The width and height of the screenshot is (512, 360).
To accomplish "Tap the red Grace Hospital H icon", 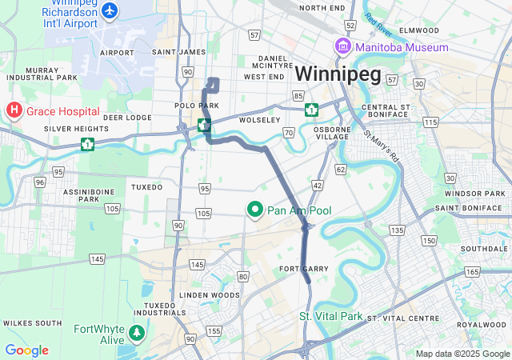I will coord(14,111).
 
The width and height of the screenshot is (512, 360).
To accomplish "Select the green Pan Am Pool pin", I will coord(256,210).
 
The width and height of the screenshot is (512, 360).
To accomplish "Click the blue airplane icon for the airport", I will coord(110,11).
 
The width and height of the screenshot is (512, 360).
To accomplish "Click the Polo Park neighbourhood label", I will coord(197,106).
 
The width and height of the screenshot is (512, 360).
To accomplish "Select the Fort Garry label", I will coord(304,269).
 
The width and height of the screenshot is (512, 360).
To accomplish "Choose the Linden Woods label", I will coord(209,295).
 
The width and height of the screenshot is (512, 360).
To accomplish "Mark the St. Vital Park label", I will coord(331,316).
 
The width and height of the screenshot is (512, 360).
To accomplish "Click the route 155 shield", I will coord(214,330).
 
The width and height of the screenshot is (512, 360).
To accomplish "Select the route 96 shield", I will coord(39,182).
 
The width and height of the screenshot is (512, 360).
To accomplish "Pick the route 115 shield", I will coord(430,122).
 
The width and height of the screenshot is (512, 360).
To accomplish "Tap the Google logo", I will coord(26,350).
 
